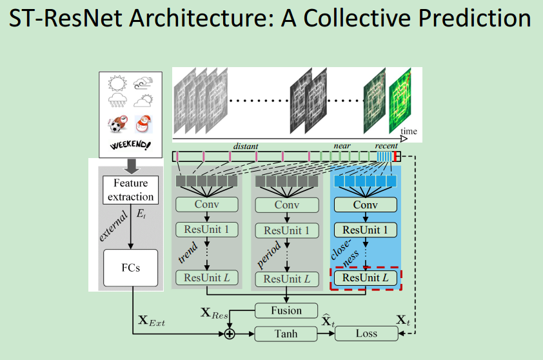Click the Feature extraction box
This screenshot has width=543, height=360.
click(x=130, y=190)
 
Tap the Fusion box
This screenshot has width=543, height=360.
click(x=286, y=311)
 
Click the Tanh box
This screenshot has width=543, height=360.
click(x=286, y=334)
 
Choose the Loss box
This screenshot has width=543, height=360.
click(x=365, y=334)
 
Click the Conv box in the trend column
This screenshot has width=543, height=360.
click(x=206, y=205)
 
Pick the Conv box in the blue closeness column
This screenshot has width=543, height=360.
click(x=365, y=205)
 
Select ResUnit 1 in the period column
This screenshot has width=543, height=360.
click(x=286, y=230)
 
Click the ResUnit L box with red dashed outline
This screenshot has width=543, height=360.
click(x=365, y=278)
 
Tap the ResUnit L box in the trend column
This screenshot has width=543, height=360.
click(x=206, y=278)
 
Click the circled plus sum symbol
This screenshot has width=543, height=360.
click(x=229, y=334)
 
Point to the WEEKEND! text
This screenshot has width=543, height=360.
click(x=130, y=146)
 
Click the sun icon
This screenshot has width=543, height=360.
click(x=117, y=84)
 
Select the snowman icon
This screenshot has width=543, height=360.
click(x=143, y=123)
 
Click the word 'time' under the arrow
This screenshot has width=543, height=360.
click(x=409, y=131)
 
